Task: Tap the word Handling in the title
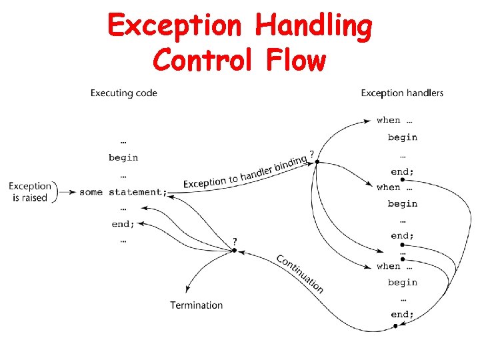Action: pos(313,26)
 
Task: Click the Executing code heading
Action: pos(124,93)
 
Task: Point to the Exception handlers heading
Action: pos(402,93)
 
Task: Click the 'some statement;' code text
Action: pos(123,192)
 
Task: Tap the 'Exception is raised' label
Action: pos(30,192)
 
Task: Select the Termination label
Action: pos(196,305)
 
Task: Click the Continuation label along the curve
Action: pos(300,273)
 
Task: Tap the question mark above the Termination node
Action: pos(234,241)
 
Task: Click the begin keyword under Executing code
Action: pos(123,158)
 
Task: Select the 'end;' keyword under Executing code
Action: pos(123,224)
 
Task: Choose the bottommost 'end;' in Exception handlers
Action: pos(402,314)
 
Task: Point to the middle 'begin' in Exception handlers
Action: pos(403,203)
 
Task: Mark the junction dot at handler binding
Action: pos(317,161)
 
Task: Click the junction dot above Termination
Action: pos(234,251)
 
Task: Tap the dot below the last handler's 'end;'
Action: pos(395,326)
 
